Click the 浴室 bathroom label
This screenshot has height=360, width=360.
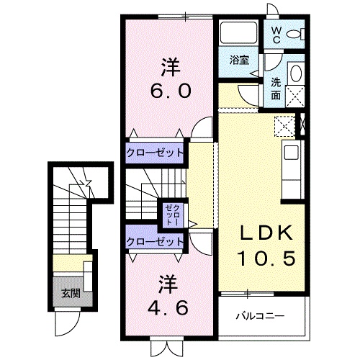[239, 60]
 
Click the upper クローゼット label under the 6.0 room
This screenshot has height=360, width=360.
[155, 153]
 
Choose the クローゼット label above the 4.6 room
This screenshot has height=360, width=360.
[155, 242]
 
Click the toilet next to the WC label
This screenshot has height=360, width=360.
[295, 34]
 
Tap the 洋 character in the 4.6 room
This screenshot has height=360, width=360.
[169, 282]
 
